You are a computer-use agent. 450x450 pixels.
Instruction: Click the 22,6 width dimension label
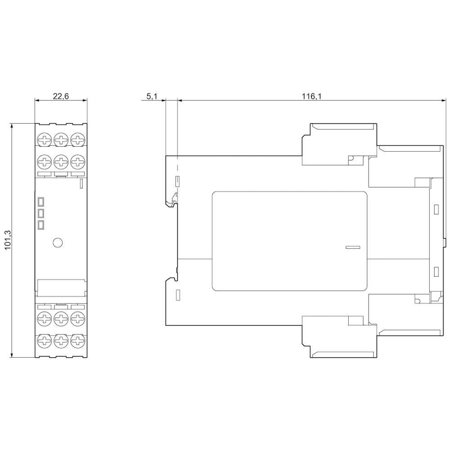(x=61, y=96)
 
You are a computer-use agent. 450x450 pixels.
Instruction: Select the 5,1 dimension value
(x=152, y=96)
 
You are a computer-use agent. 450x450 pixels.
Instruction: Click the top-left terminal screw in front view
(x=44, y=139)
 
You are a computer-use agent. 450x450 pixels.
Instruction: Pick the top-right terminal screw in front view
(x=77, y=139)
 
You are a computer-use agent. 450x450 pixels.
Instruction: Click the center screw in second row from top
(x=61, y=161)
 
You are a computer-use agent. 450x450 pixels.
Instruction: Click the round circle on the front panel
(x=57, y=243)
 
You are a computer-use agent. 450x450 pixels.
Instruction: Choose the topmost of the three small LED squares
(x=40, y=201)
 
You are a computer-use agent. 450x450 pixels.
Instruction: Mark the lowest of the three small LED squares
(x=40, y=225)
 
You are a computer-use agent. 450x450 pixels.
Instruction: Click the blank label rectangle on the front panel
(x=61, y=287)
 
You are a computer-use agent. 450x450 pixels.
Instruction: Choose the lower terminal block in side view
(x=338, y=336)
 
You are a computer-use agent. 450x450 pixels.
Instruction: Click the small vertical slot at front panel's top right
(x=81, y=183)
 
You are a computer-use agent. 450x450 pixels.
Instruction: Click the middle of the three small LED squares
(x=40, y=213)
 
